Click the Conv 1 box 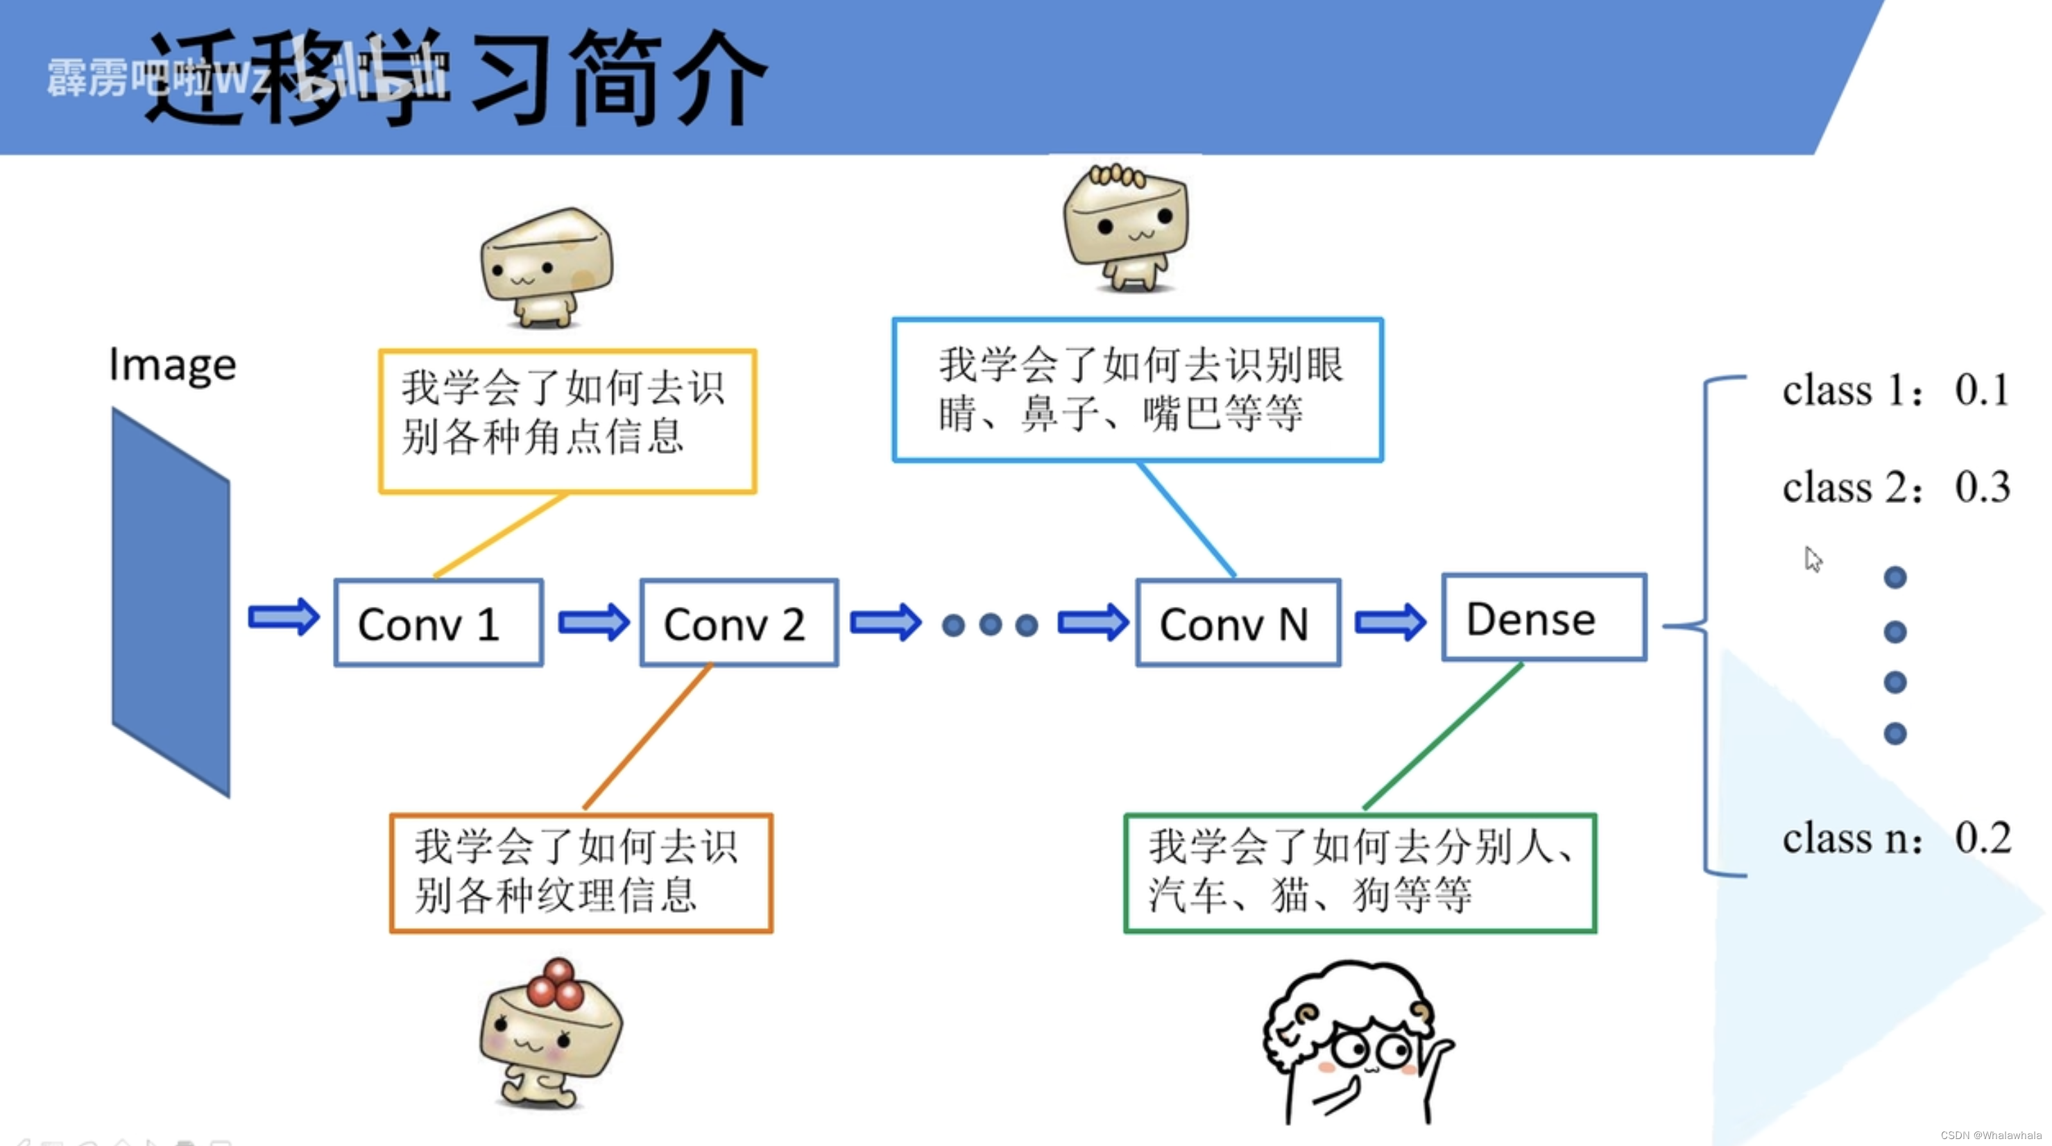[438, 623]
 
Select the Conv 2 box [738, 623]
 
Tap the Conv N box [1238, 623]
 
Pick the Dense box [1544, 618]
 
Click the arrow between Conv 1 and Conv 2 [593, 621]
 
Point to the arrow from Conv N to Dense [1390, 621]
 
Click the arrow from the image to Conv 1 [284, 617]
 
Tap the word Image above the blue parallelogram [173, 366]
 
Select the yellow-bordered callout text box [567, 421]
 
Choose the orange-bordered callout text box [581, 872]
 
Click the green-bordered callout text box [1360, 872]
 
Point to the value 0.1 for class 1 [1982, 391]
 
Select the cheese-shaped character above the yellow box [547, 267]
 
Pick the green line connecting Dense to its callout [1444, 736]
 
